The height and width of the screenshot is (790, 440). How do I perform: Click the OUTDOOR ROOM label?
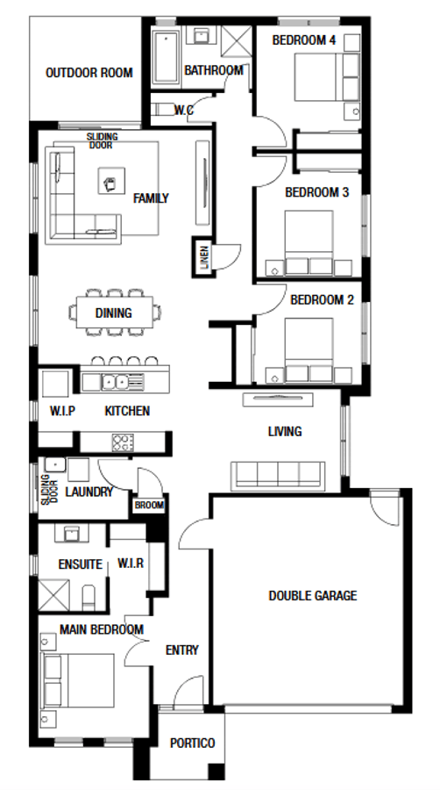coord(89,72)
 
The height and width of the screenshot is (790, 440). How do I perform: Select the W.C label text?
coord(184,110)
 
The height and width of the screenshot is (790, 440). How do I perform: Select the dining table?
coord(117,312)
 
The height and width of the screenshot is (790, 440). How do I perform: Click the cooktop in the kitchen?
coord(122,441)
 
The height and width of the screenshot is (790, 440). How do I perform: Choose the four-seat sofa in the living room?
coord(276,475)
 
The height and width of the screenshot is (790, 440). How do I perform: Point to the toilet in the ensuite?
coord(88,599)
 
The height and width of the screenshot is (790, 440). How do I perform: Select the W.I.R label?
coord(130,564)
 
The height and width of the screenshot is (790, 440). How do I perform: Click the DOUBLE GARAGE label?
coord(312,595)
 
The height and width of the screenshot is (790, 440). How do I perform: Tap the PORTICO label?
coord(192,743)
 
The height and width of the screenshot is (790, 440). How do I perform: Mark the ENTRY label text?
coord(181,650)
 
